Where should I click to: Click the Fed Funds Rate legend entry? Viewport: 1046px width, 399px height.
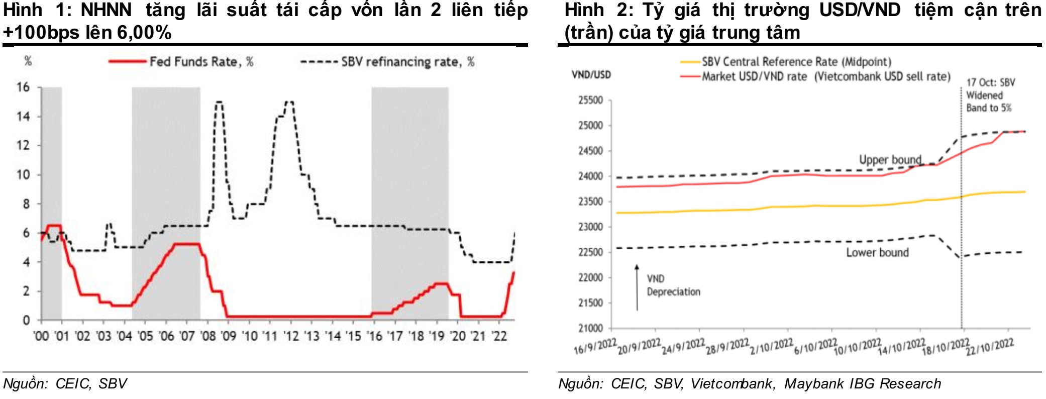coord(201,62)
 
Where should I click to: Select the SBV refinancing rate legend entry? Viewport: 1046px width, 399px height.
coord(407,62)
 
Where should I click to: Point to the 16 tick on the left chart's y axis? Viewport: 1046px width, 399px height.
coord(23,87)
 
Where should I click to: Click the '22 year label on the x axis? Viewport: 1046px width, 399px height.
coord(498,336)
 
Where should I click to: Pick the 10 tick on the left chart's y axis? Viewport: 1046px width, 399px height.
coord(23,175)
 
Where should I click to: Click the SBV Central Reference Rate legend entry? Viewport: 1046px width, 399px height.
coord(796,62)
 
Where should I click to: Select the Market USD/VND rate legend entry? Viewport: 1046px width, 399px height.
coord(826,76)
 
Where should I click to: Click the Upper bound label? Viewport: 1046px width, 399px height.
coord(890,160)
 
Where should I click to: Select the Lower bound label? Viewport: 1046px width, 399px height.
coord(877,252)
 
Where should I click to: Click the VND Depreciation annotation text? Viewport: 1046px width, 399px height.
coord(673,285)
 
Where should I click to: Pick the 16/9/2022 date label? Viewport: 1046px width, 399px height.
coord(595,347)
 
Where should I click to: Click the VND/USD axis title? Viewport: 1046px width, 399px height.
coord(591,75)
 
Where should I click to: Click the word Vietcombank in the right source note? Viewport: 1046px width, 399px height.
coord(731,383)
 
